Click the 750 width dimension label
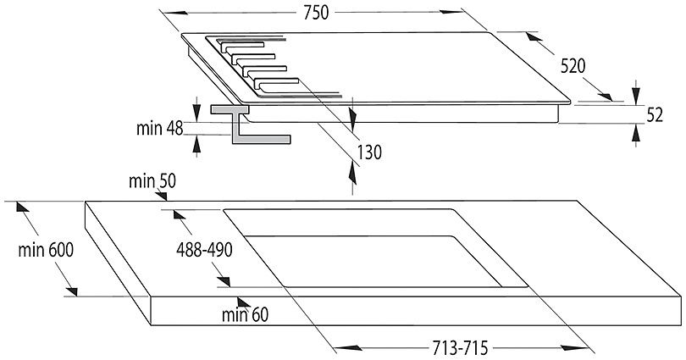315,13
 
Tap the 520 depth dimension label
573,66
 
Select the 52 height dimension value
655,115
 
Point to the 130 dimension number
369,152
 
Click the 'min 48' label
160,129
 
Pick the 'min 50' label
152,181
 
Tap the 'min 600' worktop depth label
46,250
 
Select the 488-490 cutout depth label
204,250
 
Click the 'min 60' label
245,314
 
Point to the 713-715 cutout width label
460,348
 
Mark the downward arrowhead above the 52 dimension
636,95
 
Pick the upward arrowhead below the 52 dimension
636,133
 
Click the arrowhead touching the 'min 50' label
161,196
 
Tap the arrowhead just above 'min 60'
244,302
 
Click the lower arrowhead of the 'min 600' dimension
72,291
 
